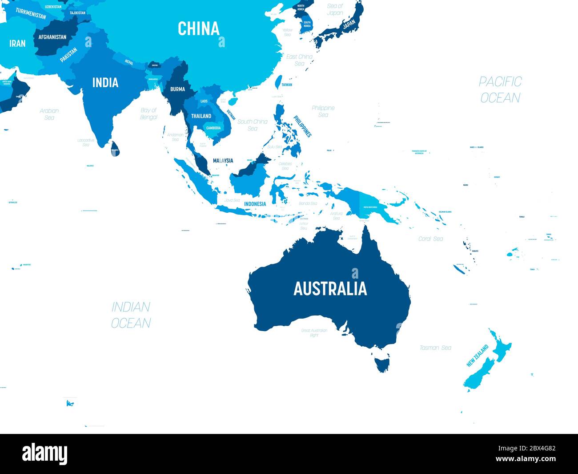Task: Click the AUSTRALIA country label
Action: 330,289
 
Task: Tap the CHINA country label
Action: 199,29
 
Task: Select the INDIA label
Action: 105,83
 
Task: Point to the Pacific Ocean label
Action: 500,89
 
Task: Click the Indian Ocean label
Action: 131,315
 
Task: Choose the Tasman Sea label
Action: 435,348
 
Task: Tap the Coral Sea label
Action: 430,239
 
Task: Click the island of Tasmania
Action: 382,361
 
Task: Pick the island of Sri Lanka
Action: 115,148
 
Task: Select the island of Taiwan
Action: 279,82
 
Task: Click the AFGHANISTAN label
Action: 52,37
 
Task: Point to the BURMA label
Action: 177,89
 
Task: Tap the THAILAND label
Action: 201,116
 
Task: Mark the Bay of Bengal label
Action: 149,113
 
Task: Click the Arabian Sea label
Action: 49,114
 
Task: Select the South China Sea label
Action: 252,125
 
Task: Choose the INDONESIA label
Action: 255,204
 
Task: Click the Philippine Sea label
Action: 323,111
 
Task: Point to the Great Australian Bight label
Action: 314,332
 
